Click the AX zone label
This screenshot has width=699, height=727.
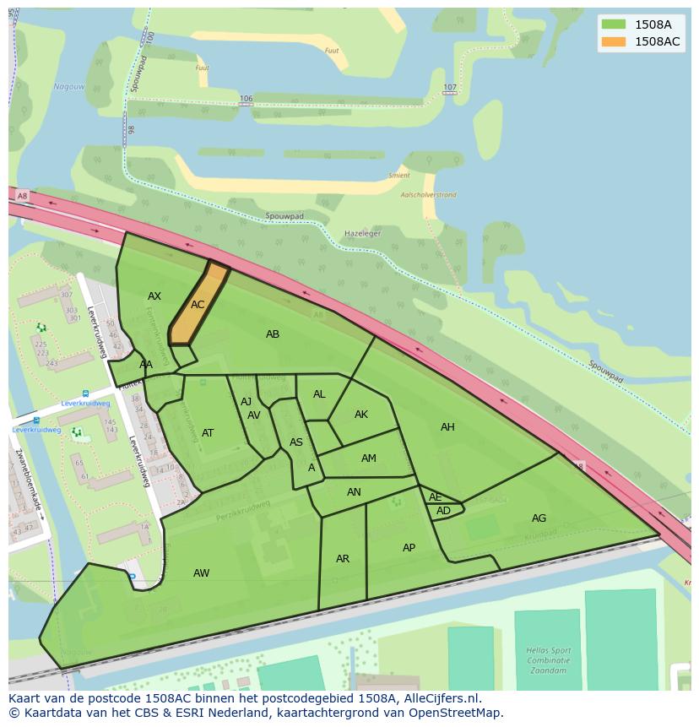[x=154, y=296]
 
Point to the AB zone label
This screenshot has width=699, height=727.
[x=273, y=334]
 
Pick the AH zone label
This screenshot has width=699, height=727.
[x=447, y=427]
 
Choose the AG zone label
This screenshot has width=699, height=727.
[x=539, y=518]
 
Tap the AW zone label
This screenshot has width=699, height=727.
[x=201, y=573]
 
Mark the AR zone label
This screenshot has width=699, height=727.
[x=343, y=559]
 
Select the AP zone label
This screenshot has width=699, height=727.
[x=409, y=548]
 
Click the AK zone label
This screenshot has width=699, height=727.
[x=361, y=415]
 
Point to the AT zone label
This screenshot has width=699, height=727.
[x=208, y=433]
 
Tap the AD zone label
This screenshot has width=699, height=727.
[x=443, y=511]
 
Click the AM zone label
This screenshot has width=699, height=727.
[x=369, y=458]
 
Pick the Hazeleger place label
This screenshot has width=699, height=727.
[x=363, y=233]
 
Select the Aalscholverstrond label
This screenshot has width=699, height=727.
[x=428, y=195]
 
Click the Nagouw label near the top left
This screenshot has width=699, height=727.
[x=68, y=86]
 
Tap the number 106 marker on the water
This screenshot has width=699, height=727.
[x=246, y=99]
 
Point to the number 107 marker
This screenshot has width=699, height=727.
[x=450, y=88]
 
